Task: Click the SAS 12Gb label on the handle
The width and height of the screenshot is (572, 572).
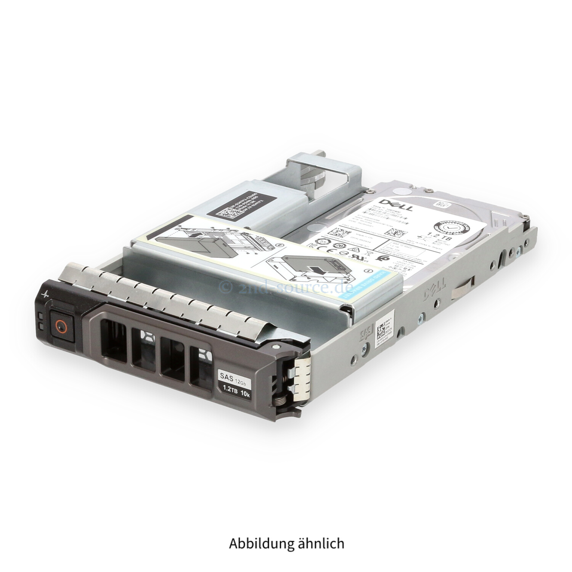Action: click(x=233, y=375)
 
